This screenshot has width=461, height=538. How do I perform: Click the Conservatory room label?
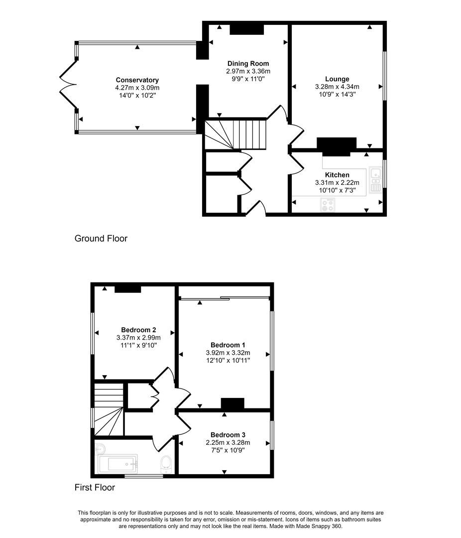tap(137, 80)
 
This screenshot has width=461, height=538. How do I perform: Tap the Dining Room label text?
tap(248, 64)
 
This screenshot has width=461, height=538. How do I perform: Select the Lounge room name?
tap(337, 79)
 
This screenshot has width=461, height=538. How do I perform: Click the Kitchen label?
tap(337, 175)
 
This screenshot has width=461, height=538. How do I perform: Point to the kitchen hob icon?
tap(328, 205)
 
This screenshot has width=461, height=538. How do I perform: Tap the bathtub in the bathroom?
tap(118, 464)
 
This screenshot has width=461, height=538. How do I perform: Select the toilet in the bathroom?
tap(166, 464)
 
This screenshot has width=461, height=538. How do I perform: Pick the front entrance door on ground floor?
tap(257, 208)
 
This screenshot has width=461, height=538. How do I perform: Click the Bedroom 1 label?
tap(228, 345)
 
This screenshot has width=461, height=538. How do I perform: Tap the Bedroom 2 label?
tap(138, 330)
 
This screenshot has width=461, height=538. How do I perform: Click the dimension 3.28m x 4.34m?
tap(337, 87)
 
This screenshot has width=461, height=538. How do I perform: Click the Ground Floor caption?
tap(101, 239)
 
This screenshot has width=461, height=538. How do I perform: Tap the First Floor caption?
tap(95, 488)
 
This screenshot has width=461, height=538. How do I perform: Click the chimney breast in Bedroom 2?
tap(128, 288)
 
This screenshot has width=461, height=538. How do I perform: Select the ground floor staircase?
tap(236, 134)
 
